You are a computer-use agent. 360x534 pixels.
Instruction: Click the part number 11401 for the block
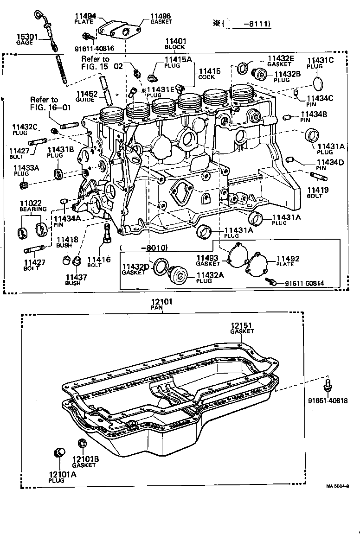click(174, 41)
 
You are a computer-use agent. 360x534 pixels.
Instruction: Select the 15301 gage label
click(25, 37)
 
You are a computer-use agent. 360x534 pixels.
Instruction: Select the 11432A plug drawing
click(178, 274)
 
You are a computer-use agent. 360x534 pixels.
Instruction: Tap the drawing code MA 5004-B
click(337, 485)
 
